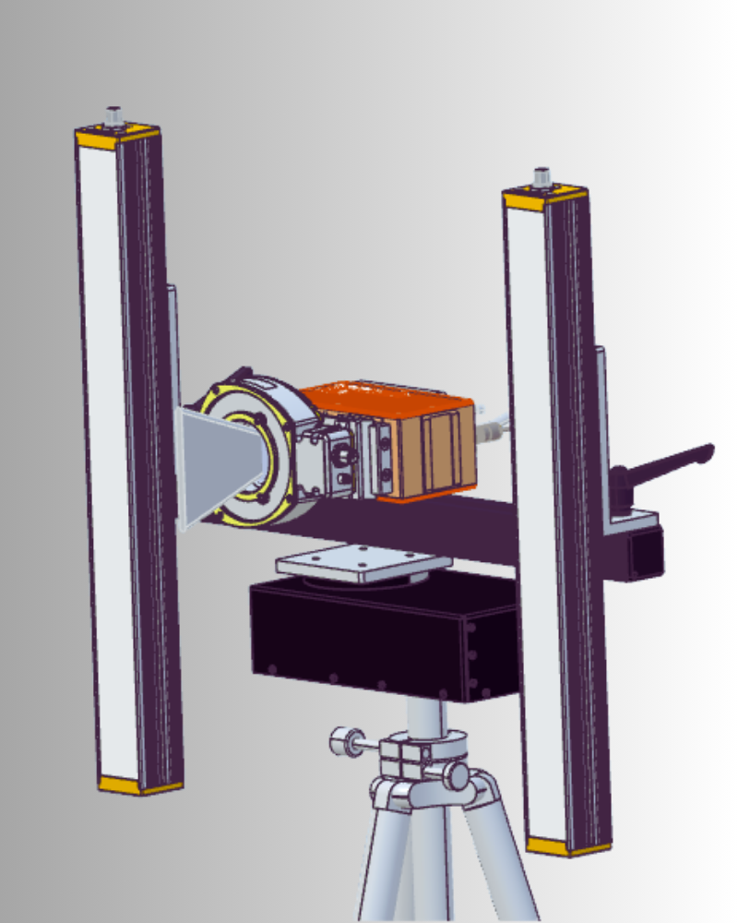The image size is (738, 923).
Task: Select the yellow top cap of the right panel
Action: pos(544,196)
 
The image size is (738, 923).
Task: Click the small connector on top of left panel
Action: pos(114,115)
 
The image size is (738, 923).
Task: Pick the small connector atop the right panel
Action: pos(542,175)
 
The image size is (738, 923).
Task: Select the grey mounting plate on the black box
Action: pos(360,561)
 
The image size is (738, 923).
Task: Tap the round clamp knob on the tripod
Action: pos(343,740)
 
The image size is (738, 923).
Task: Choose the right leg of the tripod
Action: pos(503,858)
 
